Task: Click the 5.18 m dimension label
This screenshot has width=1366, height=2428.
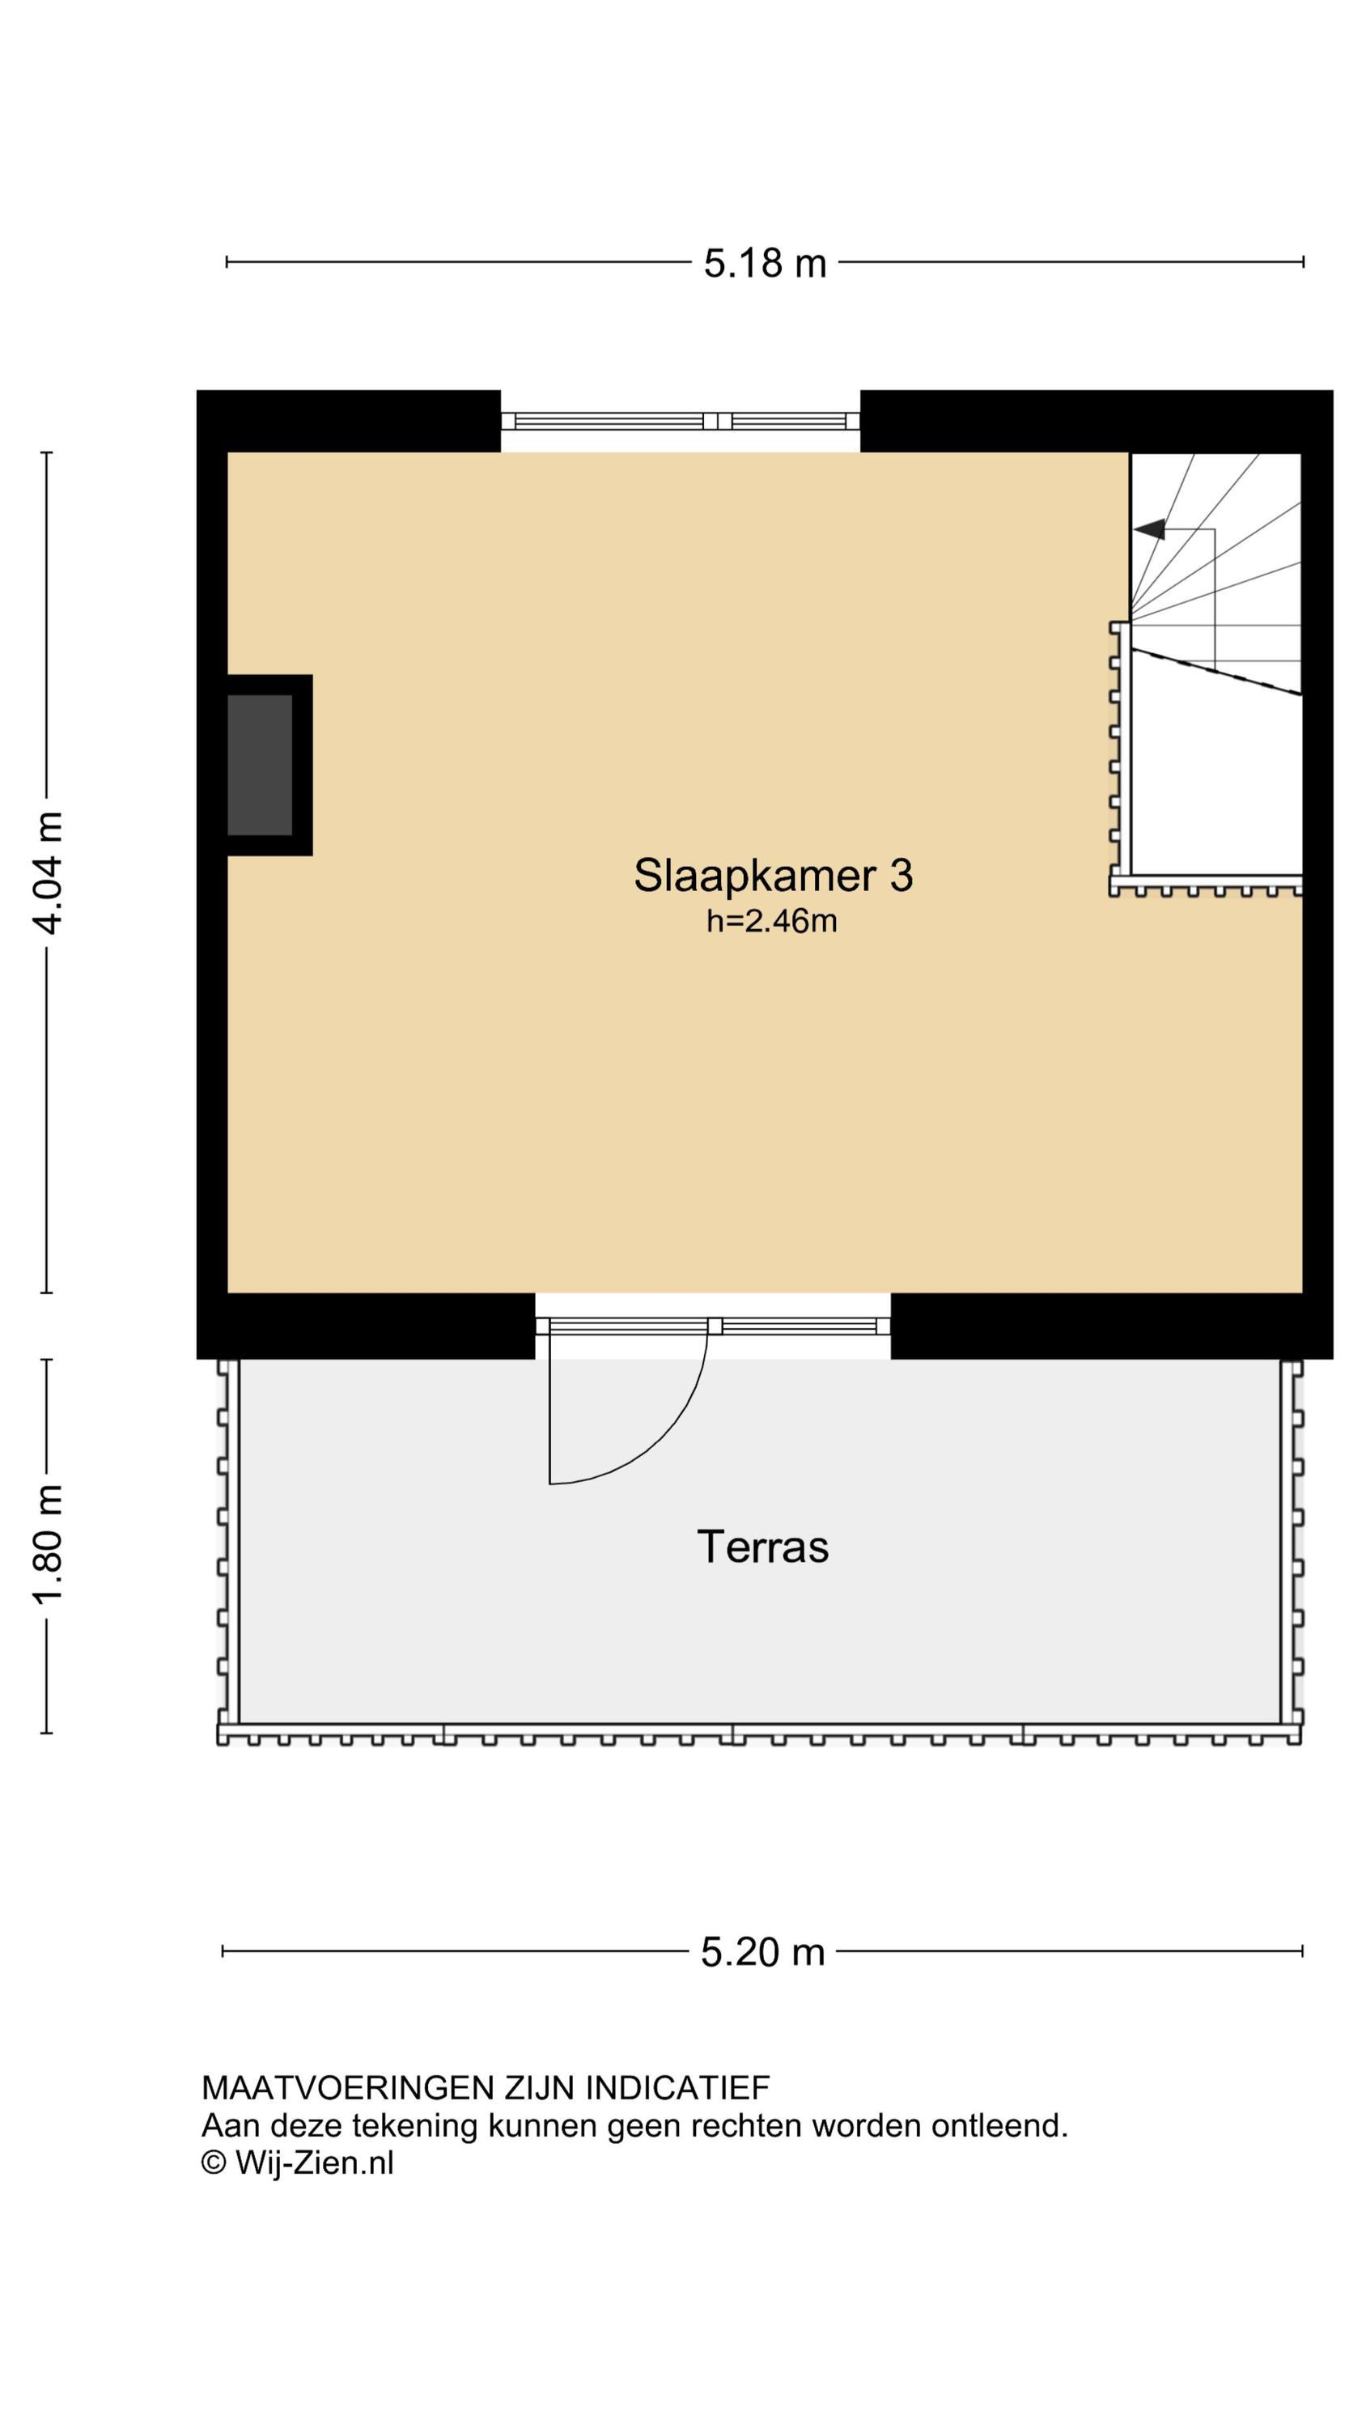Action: click(x=765, y=263)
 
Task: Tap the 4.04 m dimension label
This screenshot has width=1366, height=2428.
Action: click(x=47, y=872)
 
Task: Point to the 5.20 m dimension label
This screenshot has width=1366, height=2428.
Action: click(x=762, y=1951)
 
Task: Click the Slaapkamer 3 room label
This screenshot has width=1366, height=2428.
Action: click(x=773, y=875)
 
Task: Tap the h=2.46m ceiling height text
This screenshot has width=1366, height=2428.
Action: click(x=772, y=921)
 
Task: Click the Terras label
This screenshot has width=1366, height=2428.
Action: click(x=762, y=1547)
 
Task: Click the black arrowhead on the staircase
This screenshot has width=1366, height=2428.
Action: click(x=1149, y=530)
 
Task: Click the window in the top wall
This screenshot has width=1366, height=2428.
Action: click(x=680, y=422)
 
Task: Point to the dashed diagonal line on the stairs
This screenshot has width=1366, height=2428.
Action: click(x=1216, y=671)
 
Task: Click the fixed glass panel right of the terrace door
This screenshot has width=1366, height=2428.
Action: click(x=800, y=1326)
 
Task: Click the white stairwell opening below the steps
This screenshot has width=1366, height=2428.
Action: click(x=1216, y=783)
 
